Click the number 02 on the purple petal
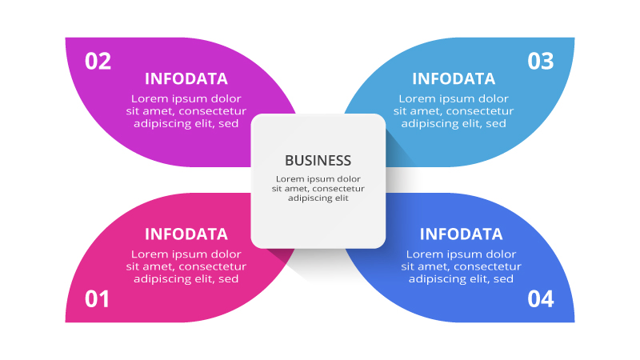click(98, 62)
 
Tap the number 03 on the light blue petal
click(541, 62)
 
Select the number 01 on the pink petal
click(97, 299)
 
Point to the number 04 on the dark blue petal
click(541, 299)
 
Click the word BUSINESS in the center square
click(318, 160)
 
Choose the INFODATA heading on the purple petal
click(186, 78)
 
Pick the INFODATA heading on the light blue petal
click(454, 78)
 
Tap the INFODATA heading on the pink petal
click(186, 234)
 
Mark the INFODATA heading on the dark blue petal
click(462, 234)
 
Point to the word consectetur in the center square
click(337, 188)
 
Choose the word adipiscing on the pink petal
click(162, 279)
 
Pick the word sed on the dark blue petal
click(503, 279)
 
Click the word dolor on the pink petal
click(226, 254)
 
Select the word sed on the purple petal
click(229, 124)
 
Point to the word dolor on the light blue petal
click(494, 98)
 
